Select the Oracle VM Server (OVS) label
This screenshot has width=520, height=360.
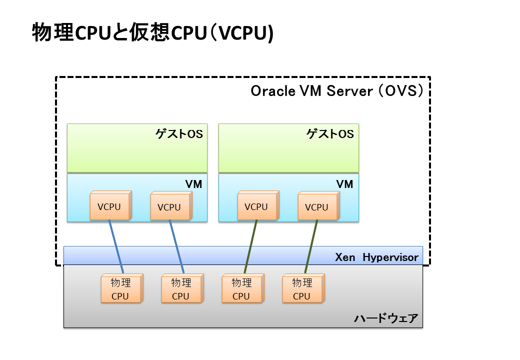(x=337, y=91)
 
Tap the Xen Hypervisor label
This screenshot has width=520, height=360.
(x=376, y=257)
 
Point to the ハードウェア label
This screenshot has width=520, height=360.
(x=385, y=318)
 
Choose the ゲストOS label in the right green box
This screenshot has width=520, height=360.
(x=330, y=134)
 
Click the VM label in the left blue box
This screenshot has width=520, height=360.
(x=193, y=184)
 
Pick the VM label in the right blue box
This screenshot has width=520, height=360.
(x=344, y=184)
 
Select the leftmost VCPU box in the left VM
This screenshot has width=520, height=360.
(x=109, y=206)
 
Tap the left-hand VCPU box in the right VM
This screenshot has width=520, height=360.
(x=256, y=206)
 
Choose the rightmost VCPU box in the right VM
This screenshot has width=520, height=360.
(x=317, y=207)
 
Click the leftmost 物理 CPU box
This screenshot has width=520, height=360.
(x=120, y=289)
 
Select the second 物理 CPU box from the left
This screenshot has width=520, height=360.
(x=181, y=289)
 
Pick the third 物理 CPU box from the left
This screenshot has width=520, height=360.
(x=241, y=289)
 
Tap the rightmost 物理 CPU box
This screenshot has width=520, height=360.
(x=302, y=289)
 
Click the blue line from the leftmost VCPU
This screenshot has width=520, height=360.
(x=116, y=245)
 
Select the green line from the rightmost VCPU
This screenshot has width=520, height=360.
(x=311, y=245)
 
